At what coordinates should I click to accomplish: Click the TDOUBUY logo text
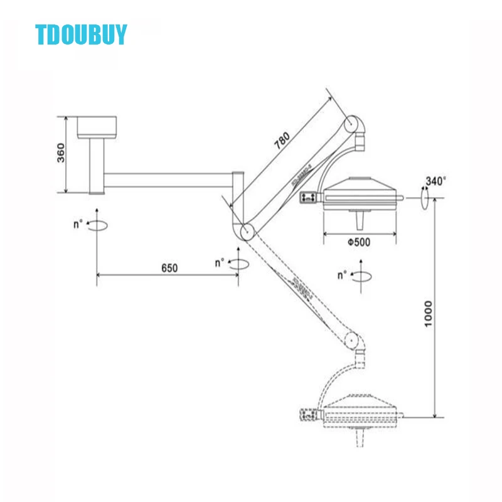[82, 35]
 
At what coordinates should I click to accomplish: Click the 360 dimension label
[61, 153]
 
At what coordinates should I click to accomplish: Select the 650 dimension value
[168, 268]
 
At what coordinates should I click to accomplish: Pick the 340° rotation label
[435, 181]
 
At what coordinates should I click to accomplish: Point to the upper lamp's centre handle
[360, 221]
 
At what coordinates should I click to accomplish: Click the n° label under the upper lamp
[343, 275]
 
